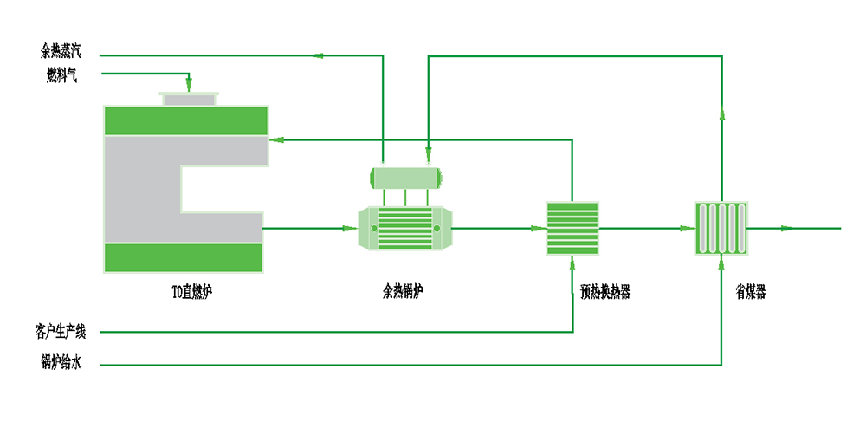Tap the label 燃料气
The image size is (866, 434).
pyautogui.click(x=63, y=75)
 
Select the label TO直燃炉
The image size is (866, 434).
pyautogui.click(x=192, y=292)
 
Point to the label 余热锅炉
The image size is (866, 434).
pyautogui.click(x=404, y=292)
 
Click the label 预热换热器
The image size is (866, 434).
pyautogui.click(x=605, y=293)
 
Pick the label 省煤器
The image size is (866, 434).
pyautogui.click(x=750, y=293)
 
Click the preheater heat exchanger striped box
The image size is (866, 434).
pyautogui.click(x=572, y=229)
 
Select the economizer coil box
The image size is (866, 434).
pyautogui.click(x=721, y=229)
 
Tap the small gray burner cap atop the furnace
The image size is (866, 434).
pyautogui.click(x=190, y=100)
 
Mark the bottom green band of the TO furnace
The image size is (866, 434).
pyautogui.click(x=183, y=257)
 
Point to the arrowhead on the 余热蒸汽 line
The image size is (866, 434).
pyautogui.click(x=318, y=56)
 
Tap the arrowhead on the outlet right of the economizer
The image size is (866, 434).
pyautogui.click(x=785, y=229)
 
